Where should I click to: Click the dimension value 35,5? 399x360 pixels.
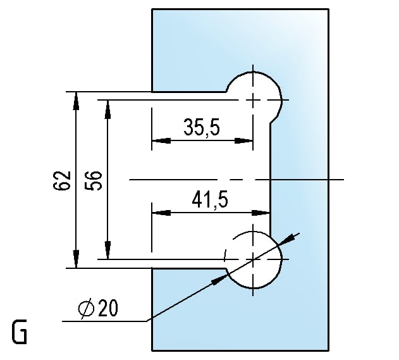click(x=201, y=127)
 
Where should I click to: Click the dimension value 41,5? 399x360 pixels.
click(x=210, y=200)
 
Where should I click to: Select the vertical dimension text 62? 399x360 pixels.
click(x=61, y=180)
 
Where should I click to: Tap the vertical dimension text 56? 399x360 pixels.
click(x=93, y=181)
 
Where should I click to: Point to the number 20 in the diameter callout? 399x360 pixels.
click(x=108, y=308)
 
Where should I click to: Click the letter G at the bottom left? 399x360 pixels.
click(x=20, y=332)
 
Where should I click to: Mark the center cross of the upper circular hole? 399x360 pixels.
click(x=253, y=100)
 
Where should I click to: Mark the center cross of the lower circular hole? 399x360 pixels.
click(x=253, y=259)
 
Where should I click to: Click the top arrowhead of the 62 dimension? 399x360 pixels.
click(x=76, y=101)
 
